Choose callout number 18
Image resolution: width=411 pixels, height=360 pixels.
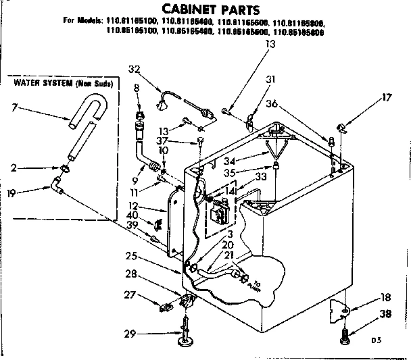pyautogui.click(x=385, y=297)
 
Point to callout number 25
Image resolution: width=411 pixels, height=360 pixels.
pyautogui.click(x=132, y=256)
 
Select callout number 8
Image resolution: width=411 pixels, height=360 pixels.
pyautogui.click(x=136, y=88)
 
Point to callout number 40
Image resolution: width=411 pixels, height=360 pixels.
pyautogui.click(x=132, y=215)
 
